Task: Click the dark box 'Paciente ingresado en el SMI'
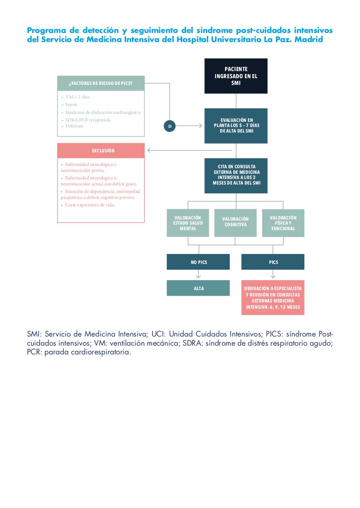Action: pyautogui.click(x=236, y=76)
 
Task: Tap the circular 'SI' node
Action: pyautogui.click(x=169, y=126)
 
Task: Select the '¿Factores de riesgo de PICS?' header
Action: pyautogui.click(x=101, y=83)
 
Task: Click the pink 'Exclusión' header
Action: pyautogui.click(x=101, y=150)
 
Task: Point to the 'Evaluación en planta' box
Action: pyautogui.click(x=236, y=126)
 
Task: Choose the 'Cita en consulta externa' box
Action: pyautogui.click(x=236, y=176)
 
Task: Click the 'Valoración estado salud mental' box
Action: pyautogui.click(x=188, y=223)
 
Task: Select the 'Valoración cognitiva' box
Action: pyautogui.click(x=235, y=223)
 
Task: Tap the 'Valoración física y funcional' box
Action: pyautogui.click(x=283, y=223)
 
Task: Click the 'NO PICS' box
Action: pyautogui.click(x=198, y=262)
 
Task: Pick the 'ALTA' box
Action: pyautogui.click(x=198, y=288)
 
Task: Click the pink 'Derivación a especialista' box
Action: pyautogui.click(x=273, y=298)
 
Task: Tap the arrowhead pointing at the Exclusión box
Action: pyautogui.click(x=149, y=150)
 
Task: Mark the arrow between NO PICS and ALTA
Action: pyautogui.click(x=198, y=274)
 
